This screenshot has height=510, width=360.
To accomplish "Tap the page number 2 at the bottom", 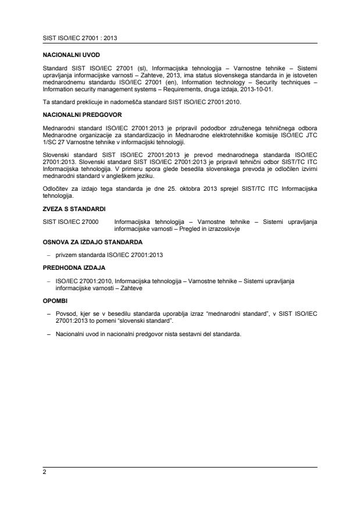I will pyautogui.click(x=44, y=473).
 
